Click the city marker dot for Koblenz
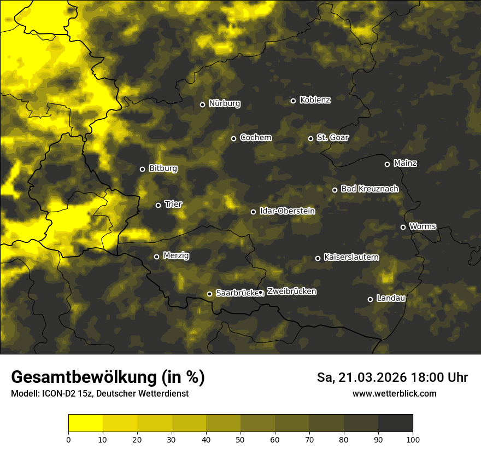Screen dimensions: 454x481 [x=293, y=101]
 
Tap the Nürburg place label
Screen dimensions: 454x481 [x=224, y=104]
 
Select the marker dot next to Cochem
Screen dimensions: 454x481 [x=233, y=138]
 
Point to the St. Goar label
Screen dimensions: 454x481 [x=332, y=138]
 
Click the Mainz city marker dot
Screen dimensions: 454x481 [x=387, y=164]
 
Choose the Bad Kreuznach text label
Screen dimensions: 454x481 [x=369, y=189]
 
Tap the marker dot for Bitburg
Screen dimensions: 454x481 [x=142, y=169]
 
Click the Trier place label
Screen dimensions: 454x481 [x=173, y=205]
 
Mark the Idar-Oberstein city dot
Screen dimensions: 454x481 [x=253, y=212]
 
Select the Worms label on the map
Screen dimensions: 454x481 [x=423, y=226]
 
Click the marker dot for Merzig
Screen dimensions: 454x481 [x=156, y=257]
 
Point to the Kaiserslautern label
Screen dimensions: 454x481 [x=351, y=257]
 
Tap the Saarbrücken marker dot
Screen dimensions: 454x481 [x=209, y=294]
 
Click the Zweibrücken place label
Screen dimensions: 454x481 [x=291, y=292]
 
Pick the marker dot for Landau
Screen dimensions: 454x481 [x=370, y=299]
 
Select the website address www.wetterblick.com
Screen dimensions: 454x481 [x=394, y=394]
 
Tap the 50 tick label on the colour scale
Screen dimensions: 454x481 [x=241, y=439]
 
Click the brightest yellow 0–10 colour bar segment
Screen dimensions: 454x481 [x=85, y=423]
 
